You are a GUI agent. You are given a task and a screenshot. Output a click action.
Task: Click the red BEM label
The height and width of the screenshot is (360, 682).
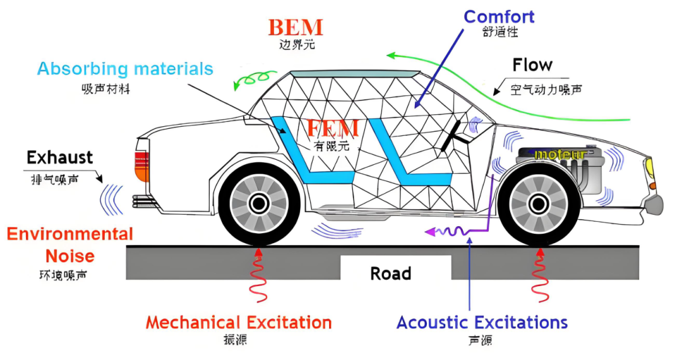click(296, 28)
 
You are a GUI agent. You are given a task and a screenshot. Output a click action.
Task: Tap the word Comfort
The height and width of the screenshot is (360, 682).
click(499, 16)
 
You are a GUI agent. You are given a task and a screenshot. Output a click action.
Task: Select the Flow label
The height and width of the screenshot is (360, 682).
click(532, 65)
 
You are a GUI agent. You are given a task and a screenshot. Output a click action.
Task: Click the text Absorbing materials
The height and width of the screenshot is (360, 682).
click(125, 68)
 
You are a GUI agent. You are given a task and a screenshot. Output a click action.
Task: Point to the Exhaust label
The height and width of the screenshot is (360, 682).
click(60, 157)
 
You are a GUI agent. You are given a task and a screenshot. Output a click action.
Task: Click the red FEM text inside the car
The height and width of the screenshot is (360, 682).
click(332, 128)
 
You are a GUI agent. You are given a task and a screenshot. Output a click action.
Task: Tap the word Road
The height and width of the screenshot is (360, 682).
click(390, 273)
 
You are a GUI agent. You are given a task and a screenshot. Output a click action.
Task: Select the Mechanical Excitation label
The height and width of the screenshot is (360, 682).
click(239, 322)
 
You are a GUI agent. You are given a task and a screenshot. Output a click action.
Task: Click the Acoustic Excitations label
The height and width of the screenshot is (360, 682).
click(482, 322)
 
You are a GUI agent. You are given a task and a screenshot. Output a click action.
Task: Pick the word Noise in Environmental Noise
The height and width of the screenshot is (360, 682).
click(69, 256)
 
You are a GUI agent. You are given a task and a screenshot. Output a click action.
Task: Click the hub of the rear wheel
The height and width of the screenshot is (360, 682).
click(258, 203)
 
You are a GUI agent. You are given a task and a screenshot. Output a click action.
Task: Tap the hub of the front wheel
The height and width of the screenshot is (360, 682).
click(538, 203)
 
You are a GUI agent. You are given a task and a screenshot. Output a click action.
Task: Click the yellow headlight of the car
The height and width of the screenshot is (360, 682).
click(649, 169)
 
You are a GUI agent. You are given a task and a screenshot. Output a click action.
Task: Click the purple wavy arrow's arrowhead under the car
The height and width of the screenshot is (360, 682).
click(429, 232)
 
